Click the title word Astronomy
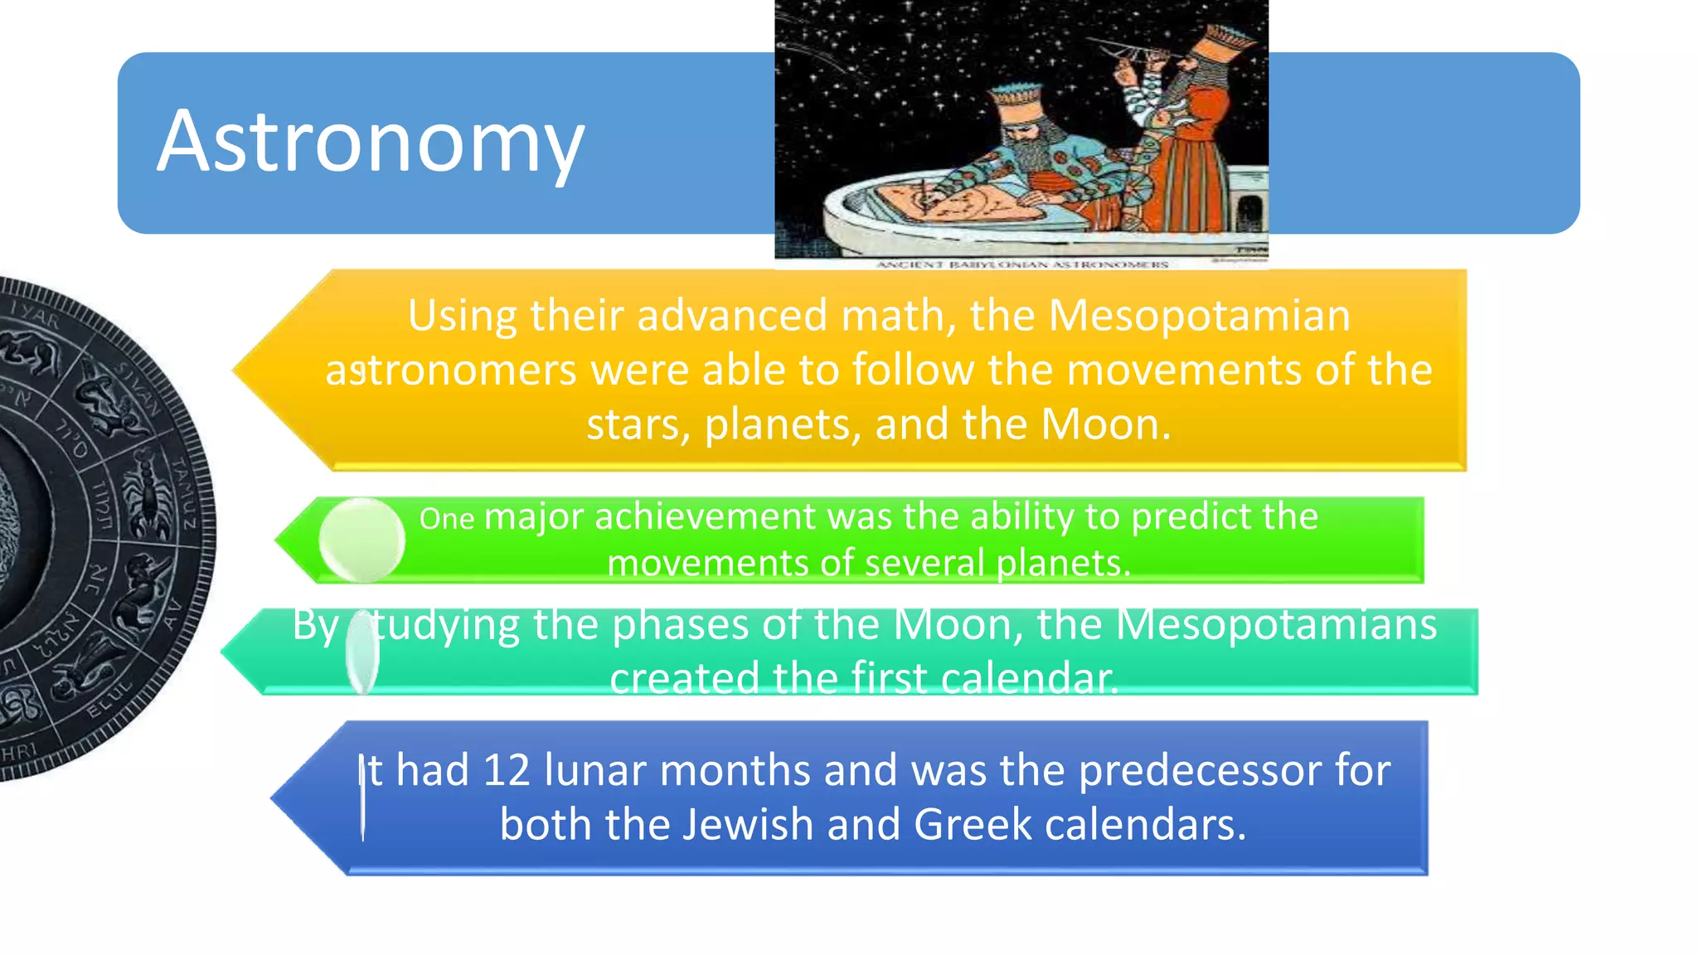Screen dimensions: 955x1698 point(371,143)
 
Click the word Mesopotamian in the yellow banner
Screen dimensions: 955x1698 point(1199,317)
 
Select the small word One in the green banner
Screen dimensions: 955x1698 point(446,520)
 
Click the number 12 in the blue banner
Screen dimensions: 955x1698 point(506,771)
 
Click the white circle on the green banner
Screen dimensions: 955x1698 point(361,540)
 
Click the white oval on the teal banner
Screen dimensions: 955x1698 point(362,652)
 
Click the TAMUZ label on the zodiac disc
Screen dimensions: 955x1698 point(184,494)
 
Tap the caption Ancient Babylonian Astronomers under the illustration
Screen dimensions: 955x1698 point(1021,264)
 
